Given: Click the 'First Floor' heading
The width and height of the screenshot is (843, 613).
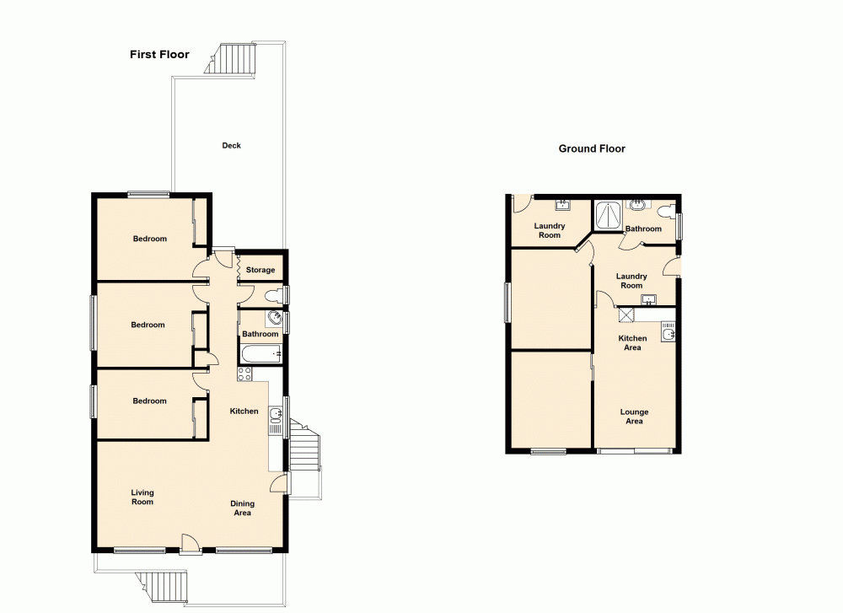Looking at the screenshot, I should (x=159, y=55).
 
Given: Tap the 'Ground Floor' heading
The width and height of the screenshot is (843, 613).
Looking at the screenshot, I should (x=592, y=148).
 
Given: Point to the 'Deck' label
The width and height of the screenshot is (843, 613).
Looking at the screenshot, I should (x=231, y=146).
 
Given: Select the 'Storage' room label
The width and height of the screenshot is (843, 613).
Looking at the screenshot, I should (x=260, y=270).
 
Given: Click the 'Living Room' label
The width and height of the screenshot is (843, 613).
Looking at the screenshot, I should (x=142, y=497).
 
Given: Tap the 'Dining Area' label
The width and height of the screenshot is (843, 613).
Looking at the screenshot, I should (x=243, y=508).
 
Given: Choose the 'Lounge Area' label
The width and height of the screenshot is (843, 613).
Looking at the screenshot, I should (x=634, y=417).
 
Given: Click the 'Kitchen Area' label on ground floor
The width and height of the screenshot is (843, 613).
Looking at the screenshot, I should (x=632, y=342).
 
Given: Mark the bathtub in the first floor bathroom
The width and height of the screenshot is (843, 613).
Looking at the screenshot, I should (x=260, y=355).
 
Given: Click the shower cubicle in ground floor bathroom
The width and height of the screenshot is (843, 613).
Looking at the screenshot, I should (x=606, y=216).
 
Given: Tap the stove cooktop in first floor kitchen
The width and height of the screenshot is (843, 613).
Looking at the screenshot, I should (x=245, y=374).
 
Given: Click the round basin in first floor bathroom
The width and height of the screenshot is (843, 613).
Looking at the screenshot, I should (x=274, y=318).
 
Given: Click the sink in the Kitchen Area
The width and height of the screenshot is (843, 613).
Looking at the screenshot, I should (x=668, y=335).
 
